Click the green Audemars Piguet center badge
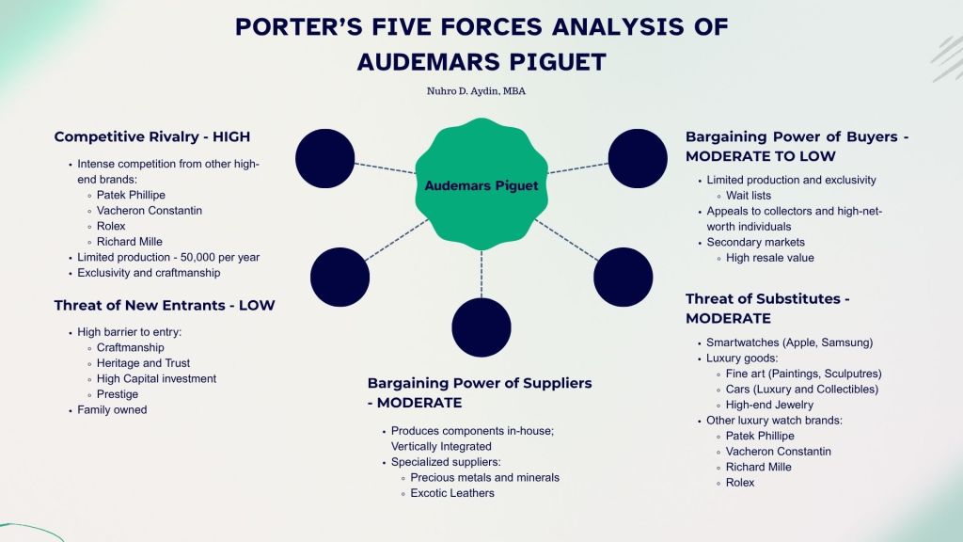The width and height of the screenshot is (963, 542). [x=481, y=185]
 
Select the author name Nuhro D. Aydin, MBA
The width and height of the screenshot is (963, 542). [x=481, y=92]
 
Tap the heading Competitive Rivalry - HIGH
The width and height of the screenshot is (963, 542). [x=152, y=137]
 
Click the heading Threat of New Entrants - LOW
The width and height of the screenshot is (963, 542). [x=165, y=306]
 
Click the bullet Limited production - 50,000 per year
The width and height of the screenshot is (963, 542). [x=168, y=257]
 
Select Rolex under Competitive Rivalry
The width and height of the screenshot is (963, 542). [x=110, y=226]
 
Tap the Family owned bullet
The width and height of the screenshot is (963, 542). [x=112, y=409]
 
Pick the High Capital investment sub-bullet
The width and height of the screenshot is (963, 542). [x=156, y=378]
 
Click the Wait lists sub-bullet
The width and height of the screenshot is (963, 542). [x=749, y=195]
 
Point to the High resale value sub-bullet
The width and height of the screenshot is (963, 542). [x=769, y=257]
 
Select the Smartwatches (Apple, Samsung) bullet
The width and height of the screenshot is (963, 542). [x=789, y=343]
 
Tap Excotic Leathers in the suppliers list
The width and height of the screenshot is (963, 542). [x=451, y=493]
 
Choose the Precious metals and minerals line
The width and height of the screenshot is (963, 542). [x=484, y=477]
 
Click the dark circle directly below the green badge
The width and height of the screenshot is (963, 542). [x=481, y=327]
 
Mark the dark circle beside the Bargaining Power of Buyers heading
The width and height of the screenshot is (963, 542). [x=638, y=157]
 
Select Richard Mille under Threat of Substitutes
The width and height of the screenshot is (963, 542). [x=758, y=467]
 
